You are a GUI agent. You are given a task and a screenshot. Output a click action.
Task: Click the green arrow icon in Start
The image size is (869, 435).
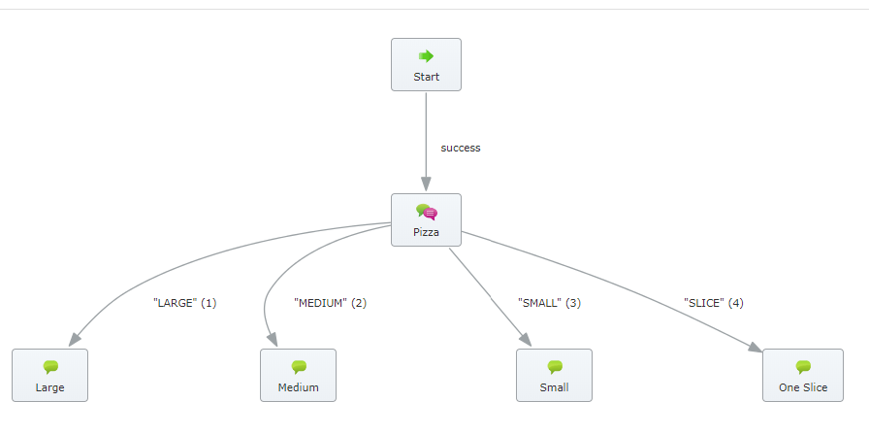[426, 55]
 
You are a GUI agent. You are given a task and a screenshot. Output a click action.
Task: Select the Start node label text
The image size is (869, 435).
[426, 77]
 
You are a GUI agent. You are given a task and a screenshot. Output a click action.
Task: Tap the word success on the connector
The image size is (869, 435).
[461, 149]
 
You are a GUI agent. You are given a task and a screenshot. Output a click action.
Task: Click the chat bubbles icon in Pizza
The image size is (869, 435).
[427, 212]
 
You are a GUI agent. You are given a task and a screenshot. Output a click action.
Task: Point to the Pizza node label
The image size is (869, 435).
[426, 232]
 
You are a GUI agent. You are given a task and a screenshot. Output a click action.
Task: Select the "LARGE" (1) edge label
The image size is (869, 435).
[184, 303]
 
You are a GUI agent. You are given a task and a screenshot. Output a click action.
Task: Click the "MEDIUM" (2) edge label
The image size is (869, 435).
[331, 303]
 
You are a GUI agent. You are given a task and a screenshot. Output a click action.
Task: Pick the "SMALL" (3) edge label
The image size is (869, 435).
[549, 303]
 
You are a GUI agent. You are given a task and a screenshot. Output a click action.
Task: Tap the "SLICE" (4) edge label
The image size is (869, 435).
[714, 303]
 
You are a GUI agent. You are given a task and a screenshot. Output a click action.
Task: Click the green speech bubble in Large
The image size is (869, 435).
[50, 367]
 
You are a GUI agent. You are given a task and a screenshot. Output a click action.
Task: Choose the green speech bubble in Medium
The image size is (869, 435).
[299, 367]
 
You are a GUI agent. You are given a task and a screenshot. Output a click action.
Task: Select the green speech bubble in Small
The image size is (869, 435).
[555, 367]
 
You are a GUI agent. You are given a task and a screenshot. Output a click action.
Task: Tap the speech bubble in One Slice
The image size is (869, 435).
[803, 367]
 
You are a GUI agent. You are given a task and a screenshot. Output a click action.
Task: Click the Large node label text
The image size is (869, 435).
[49, 387]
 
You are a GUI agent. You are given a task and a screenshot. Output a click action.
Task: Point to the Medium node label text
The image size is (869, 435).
[298, 387]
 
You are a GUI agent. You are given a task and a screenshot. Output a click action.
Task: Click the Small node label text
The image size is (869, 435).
[554, 387]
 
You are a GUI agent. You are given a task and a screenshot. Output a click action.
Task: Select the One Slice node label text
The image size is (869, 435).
[803, 387]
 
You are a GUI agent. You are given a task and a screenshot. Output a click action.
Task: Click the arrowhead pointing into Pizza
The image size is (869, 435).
[426, 184]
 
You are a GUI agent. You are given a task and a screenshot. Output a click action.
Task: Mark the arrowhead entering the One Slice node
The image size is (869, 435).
[756, 348]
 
